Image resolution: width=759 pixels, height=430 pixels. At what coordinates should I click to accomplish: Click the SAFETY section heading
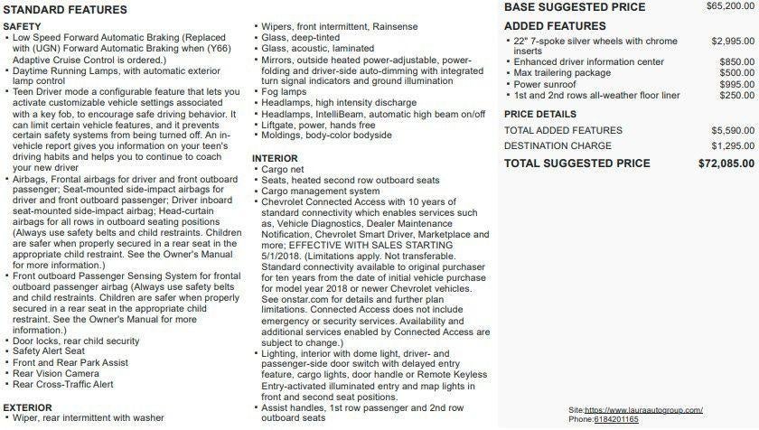coord(22,27)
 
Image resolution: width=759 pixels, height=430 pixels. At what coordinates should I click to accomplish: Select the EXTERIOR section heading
coord(27,407)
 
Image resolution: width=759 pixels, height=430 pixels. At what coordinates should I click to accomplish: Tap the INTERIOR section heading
coord(275,158)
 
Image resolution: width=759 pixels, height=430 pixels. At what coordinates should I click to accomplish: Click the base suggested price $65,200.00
coord(725,6)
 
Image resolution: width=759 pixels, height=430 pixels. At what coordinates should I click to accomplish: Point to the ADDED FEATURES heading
coord(555,26)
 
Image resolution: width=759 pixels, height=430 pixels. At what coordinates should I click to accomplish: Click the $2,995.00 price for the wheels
coord(732,42)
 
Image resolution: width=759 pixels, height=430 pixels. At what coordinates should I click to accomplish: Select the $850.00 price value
coord(736,61)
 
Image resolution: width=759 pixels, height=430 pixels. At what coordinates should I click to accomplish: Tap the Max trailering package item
coord(562,73)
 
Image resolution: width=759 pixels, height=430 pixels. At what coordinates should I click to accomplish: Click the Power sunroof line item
coord(546,84)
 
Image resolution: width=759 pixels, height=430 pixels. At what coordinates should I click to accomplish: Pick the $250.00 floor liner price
coord(736,95)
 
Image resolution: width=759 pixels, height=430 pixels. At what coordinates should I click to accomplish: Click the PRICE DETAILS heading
coord(539,115)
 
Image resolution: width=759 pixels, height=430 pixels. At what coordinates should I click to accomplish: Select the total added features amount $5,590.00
coord(732,130)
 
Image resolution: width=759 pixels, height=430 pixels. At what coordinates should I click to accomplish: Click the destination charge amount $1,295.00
coord(732,145)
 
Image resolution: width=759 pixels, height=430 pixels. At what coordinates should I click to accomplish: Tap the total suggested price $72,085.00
coord(726,164)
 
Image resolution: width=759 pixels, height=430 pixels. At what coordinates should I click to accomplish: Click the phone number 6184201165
coord(616,419)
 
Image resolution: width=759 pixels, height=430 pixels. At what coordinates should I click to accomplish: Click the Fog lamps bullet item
coord(282,91)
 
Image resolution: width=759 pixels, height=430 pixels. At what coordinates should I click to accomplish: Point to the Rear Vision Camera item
coord(56,373)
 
